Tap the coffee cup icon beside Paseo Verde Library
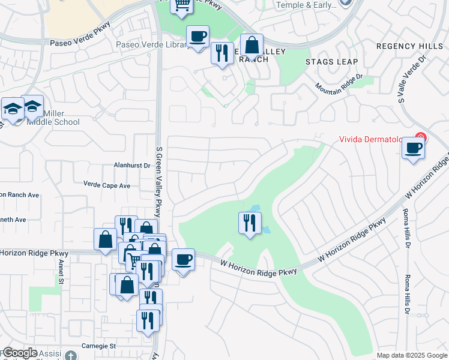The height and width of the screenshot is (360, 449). click(197, 37)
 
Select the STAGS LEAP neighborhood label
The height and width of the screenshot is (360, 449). click(331, 62)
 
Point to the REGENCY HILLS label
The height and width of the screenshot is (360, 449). click(408, 46)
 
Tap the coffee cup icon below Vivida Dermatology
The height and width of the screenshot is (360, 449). click(413, 148)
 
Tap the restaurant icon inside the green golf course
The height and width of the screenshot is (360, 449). click(250, 223)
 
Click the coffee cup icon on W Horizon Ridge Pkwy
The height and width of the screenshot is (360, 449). click(183, 260)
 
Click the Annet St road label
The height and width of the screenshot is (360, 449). click(61, 271)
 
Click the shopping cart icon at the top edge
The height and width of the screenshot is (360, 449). click(181, 5)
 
